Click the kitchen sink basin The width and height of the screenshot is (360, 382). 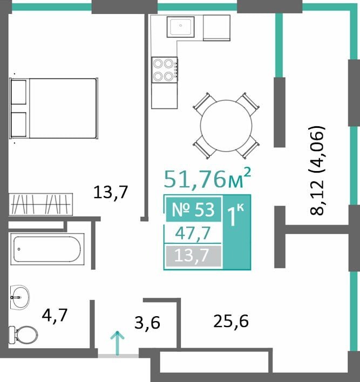tap(181, 27)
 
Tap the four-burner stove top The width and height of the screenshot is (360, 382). tap(164, 70)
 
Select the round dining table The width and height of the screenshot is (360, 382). tap(226, 126)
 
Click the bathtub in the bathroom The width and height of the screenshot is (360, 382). tap(47, 249)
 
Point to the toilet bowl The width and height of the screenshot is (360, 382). tap(23, 335)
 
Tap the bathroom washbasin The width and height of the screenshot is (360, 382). tap(20, 297)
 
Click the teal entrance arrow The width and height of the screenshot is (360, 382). tap(118, 343)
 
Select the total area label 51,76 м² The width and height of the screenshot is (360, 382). tap(207, 178)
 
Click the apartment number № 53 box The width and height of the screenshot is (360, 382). tap(194, 209)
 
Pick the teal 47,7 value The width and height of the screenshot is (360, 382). tap(193, 233)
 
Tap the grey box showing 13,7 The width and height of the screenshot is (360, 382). tap(194, 256)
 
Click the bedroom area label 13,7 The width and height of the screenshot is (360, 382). tap(111, 192)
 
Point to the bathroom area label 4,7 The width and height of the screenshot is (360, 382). tap(55, 315)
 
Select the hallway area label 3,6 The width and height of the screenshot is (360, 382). tap(147, 323)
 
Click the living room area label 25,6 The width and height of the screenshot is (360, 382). tap(231, 321)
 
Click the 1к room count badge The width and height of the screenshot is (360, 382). tap(237, 232)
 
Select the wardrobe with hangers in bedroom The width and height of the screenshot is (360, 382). tap(40, 204)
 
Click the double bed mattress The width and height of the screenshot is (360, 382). tap(63, 108)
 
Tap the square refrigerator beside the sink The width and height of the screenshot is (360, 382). tap(216, 28)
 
